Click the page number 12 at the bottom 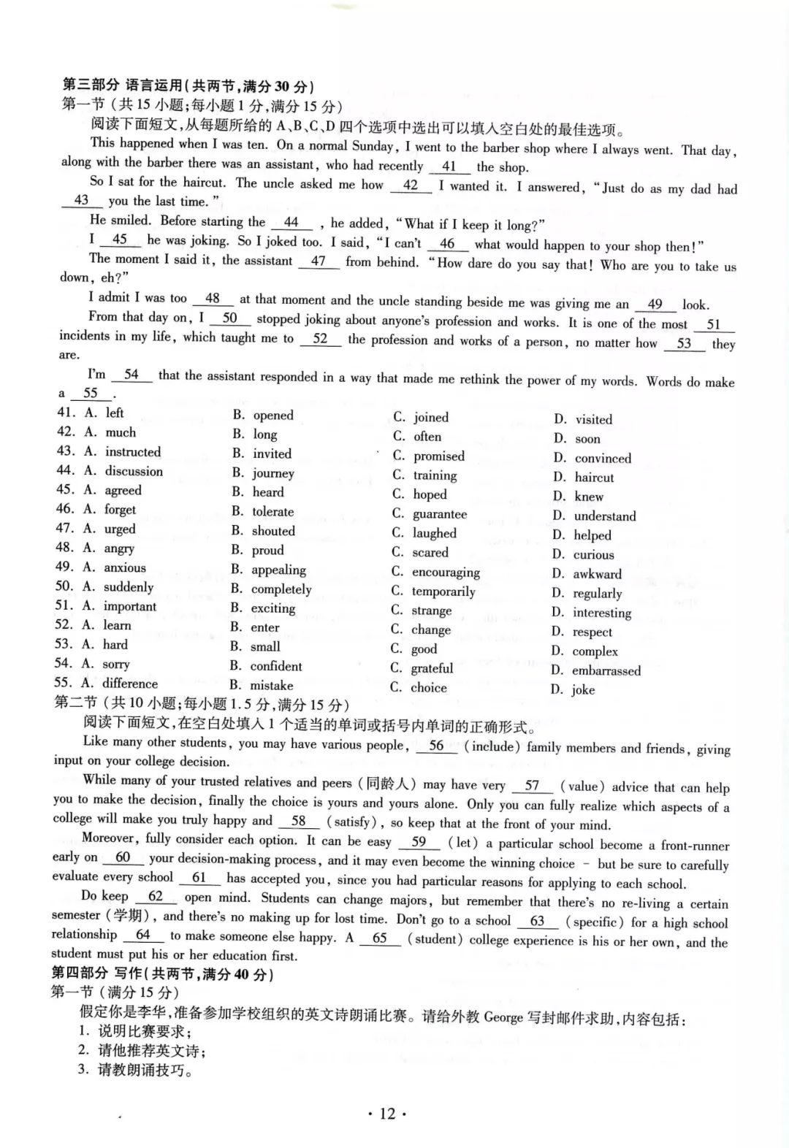[387, 1113]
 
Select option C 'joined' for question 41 [430, 417]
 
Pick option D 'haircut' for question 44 [593, 478]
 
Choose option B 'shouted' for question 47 [272, 531]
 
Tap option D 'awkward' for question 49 [597, 574]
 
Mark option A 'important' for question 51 [129, 606]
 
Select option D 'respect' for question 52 [592, 632]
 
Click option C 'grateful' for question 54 [432, 667]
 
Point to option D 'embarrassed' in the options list [606, 670]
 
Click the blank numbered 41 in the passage [449, 167]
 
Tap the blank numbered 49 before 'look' [655, 304]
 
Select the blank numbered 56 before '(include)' [436, 746]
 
